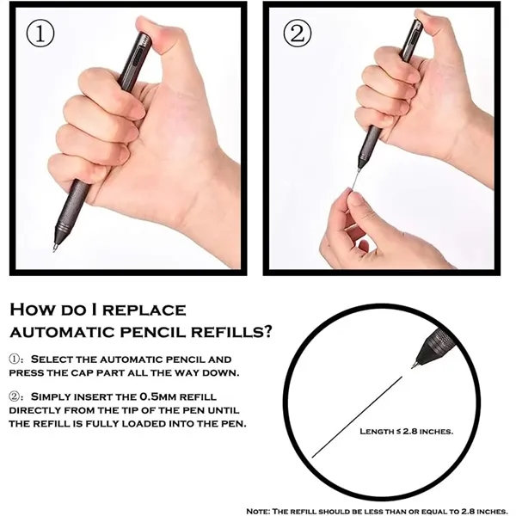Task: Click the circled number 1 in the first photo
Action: (x=40, y=34)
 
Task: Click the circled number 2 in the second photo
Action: (x=297, y=34)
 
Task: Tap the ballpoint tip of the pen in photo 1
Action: (x=54, y=249)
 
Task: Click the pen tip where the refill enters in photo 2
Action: (x=359, y=169)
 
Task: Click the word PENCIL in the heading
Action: (x=153, y=332)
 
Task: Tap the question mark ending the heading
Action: (x=268, y=332)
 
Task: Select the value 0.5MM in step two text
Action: (x=159, y=396)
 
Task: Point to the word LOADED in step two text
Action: (x=144, y=423)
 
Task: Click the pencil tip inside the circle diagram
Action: (x=414, y=365)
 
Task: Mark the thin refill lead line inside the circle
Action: (x=357, y=417)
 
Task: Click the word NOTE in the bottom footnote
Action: (x=258, y=511)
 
